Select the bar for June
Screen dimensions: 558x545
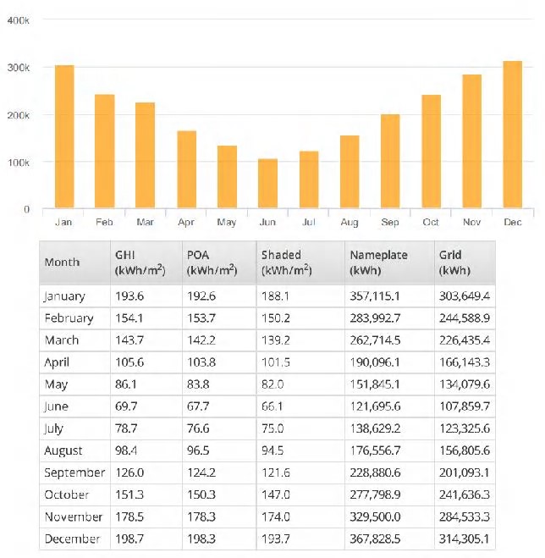[x=267, y=183]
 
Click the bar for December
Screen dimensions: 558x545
[x=512, y=135]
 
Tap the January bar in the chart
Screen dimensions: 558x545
[x=63, y=136]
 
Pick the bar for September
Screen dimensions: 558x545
[x=390, y=161]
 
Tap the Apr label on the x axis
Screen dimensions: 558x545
[x=185, y=223]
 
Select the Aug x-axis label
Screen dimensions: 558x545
[x=349, y=223]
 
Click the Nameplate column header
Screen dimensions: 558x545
[x=377, y=262]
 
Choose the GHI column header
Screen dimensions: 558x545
[x=140, y=262]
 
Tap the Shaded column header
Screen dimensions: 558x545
[x=283, y=262]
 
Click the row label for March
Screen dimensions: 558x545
[x=61, y=340]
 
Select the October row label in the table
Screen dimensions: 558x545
[x=65, y=494]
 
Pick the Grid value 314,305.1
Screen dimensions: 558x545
[x=465, y=539]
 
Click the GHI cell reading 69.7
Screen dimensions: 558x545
[x=127, y=406]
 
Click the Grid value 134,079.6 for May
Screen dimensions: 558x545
[x=465, y=384]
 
